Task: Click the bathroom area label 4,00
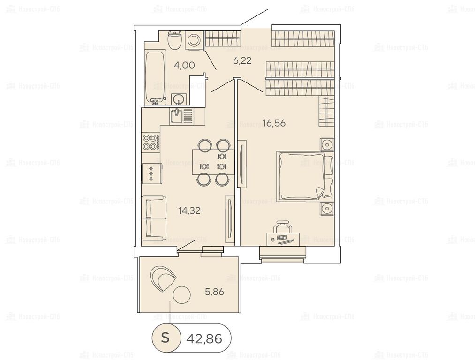[x=184, y=65]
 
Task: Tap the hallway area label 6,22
[x=242, y=61]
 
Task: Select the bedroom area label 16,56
[x=274, y=123]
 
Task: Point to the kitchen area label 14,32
[x=189, y=210]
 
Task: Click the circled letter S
[x=165, y=337]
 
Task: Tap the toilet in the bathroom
[x=174, y=40]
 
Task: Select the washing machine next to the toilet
[x=194, y=40]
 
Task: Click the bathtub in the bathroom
[x=155, y=78]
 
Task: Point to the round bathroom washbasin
[x=179, y=99]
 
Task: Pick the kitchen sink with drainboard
[x=181, y=116]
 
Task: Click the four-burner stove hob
[x=151, y=142]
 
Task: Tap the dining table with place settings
[x=213, y=162]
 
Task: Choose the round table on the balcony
[x=181, y=295]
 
